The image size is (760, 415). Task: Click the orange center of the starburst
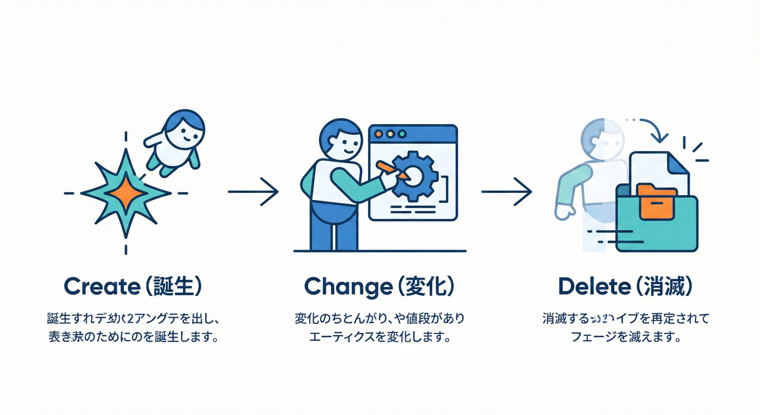(126, 192)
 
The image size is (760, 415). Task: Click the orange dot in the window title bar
(378, 133)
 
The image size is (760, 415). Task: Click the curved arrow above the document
(653, 129)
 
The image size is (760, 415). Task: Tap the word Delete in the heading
(594, 286)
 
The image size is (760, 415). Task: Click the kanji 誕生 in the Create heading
(167, 286)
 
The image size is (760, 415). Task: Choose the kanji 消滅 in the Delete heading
(662, 286)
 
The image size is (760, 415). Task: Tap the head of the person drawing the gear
(341, 140)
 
